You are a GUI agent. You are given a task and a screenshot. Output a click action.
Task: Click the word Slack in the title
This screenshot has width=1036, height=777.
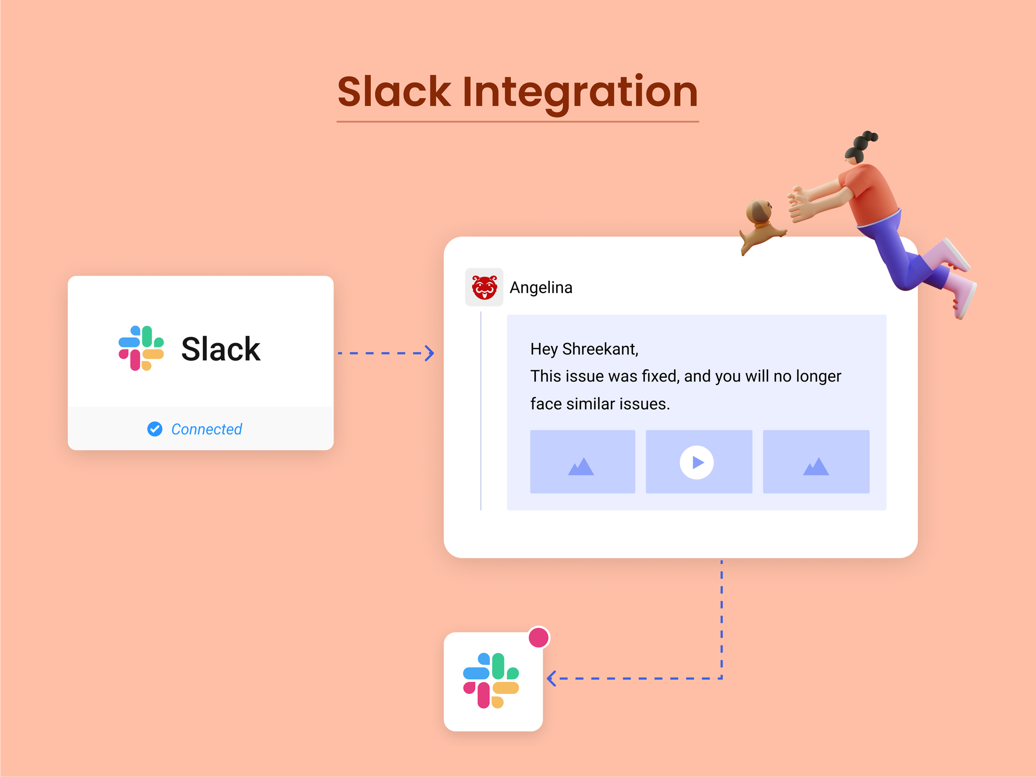(394, 92)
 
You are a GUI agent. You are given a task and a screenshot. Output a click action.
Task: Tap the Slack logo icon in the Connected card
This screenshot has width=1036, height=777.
(141, 348)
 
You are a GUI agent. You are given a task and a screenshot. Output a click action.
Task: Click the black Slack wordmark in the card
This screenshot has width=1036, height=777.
(221, 349)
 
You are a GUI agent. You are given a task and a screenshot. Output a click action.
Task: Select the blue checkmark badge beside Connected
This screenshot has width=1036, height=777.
(155, 429)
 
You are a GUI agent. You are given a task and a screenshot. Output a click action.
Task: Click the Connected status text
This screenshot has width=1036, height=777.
(207, 430)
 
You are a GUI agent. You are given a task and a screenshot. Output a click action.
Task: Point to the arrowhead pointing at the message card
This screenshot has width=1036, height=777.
(430, 353)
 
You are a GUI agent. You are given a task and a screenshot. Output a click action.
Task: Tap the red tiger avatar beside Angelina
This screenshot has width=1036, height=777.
(485, 287)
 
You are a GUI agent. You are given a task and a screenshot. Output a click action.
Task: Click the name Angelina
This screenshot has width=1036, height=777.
(541, 288)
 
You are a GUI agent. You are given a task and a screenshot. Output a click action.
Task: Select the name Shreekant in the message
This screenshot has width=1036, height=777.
(600, 349)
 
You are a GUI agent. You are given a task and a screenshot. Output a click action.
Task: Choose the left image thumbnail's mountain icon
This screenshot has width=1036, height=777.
(581, 466)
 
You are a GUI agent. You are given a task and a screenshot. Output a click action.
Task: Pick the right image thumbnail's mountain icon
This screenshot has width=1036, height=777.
(816, 466)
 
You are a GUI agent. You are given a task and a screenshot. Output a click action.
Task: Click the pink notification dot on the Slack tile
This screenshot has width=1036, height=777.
(539, 637)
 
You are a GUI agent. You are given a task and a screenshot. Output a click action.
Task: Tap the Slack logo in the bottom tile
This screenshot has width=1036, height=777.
(491, 681)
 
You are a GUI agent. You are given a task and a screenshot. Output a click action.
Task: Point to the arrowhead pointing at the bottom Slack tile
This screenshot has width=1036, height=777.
(551, 678)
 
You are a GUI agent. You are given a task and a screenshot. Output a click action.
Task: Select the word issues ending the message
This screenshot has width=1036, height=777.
(644, 404)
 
